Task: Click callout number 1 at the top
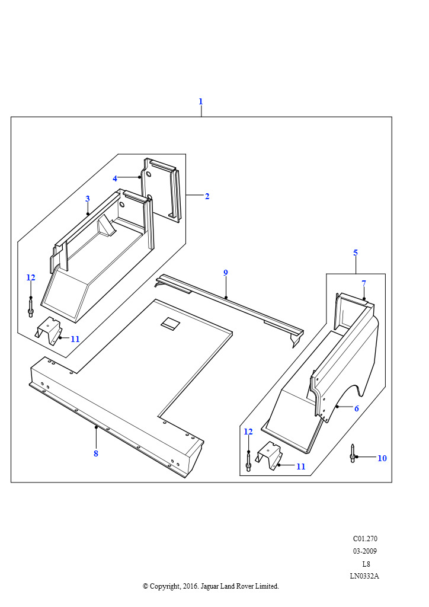[x=200, y=101]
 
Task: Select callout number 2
[x=207, y=196]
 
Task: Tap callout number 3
[x=87, y=199]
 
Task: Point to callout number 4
[x=115, y=178]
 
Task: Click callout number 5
[x=356, y=253]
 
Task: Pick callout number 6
[x=357, y=408]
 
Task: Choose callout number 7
[x=364, y=283]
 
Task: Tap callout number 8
[x=95, y=453]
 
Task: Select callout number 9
[x=226, y=273]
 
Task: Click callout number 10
[x=382, y=458]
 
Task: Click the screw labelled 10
[x=353, y=453]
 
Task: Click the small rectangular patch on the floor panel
[x=170, y=324]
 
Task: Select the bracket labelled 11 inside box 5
[x=270, y=455]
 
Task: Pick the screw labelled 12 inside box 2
[x=31, y=307]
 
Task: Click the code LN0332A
[x=364, y=576]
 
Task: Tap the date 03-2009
[x=365, y=551]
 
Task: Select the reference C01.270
[x=365, y=539]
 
